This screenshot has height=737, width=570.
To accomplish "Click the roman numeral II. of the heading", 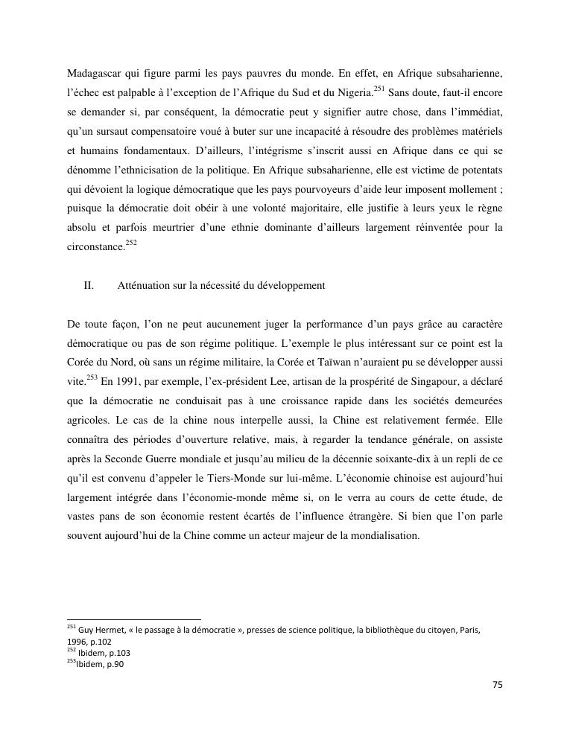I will click(88, 285).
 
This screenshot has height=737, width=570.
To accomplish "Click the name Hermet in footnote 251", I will click(110, 630).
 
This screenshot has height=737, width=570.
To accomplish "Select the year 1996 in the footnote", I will click(77, 642).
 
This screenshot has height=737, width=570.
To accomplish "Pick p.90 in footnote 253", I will click(113, 665).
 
